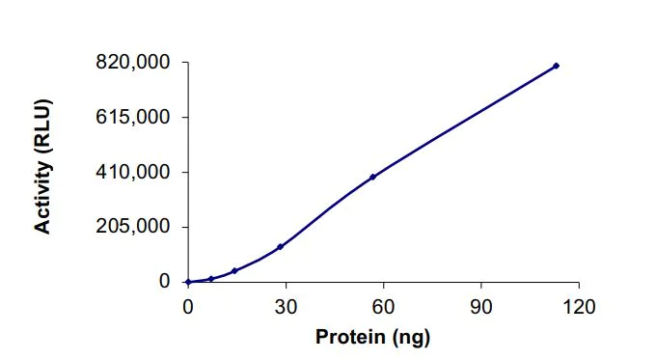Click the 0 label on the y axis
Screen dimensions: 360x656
(165, 282)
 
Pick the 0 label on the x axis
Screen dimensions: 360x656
(188, 306)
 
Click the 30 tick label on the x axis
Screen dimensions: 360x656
(286, 306)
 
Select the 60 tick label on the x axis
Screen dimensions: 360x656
(384, 306)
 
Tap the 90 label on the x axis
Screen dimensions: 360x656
(481, 306)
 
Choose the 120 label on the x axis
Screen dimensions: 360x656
(579, 306)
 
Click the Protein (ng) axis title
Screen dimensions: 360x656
(372, 337)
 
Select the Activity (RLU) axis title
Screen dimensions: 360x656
(43, 165)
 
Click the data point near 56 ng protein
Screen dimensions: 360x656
(372, 177)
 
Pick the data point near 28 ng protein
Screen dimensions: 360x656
(280, 247)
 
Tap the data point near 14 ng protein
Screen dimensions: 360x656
(234, 271)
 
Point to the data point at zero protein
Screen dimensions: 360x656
(188, 282)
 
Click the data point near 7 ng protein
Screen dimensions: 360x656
(211, 279)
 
